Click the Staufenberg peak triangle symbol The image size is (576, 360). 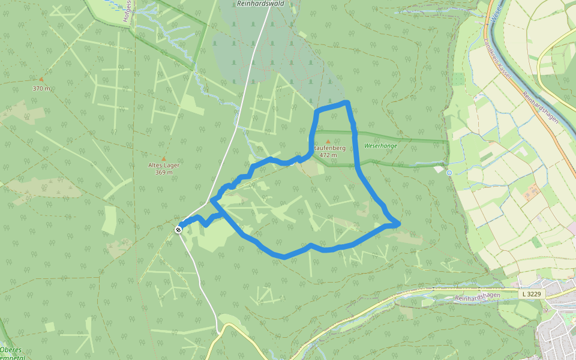328,142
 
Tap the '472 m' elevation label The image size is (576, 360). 328,155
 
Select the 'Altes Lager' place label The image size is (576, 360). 164,165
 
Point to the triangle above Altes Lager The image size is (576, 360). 163,158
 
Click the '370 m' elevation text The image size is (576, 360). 41,88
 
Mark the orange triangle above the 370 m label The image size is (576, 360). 41,79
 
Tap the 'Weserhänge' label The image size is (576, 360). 380,146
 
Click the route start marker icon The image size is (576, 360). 179,230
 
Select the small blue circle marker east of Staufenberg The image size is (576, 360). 449,172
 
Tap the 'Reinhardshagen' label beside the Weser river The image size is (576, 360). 541,108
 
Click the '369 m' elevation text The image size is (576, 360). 164,172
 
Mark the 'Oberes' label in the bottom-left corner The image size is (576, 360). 11,350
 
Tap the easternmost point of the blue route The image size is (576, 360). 398,224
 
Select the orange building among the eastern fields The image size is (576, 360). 531,194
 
